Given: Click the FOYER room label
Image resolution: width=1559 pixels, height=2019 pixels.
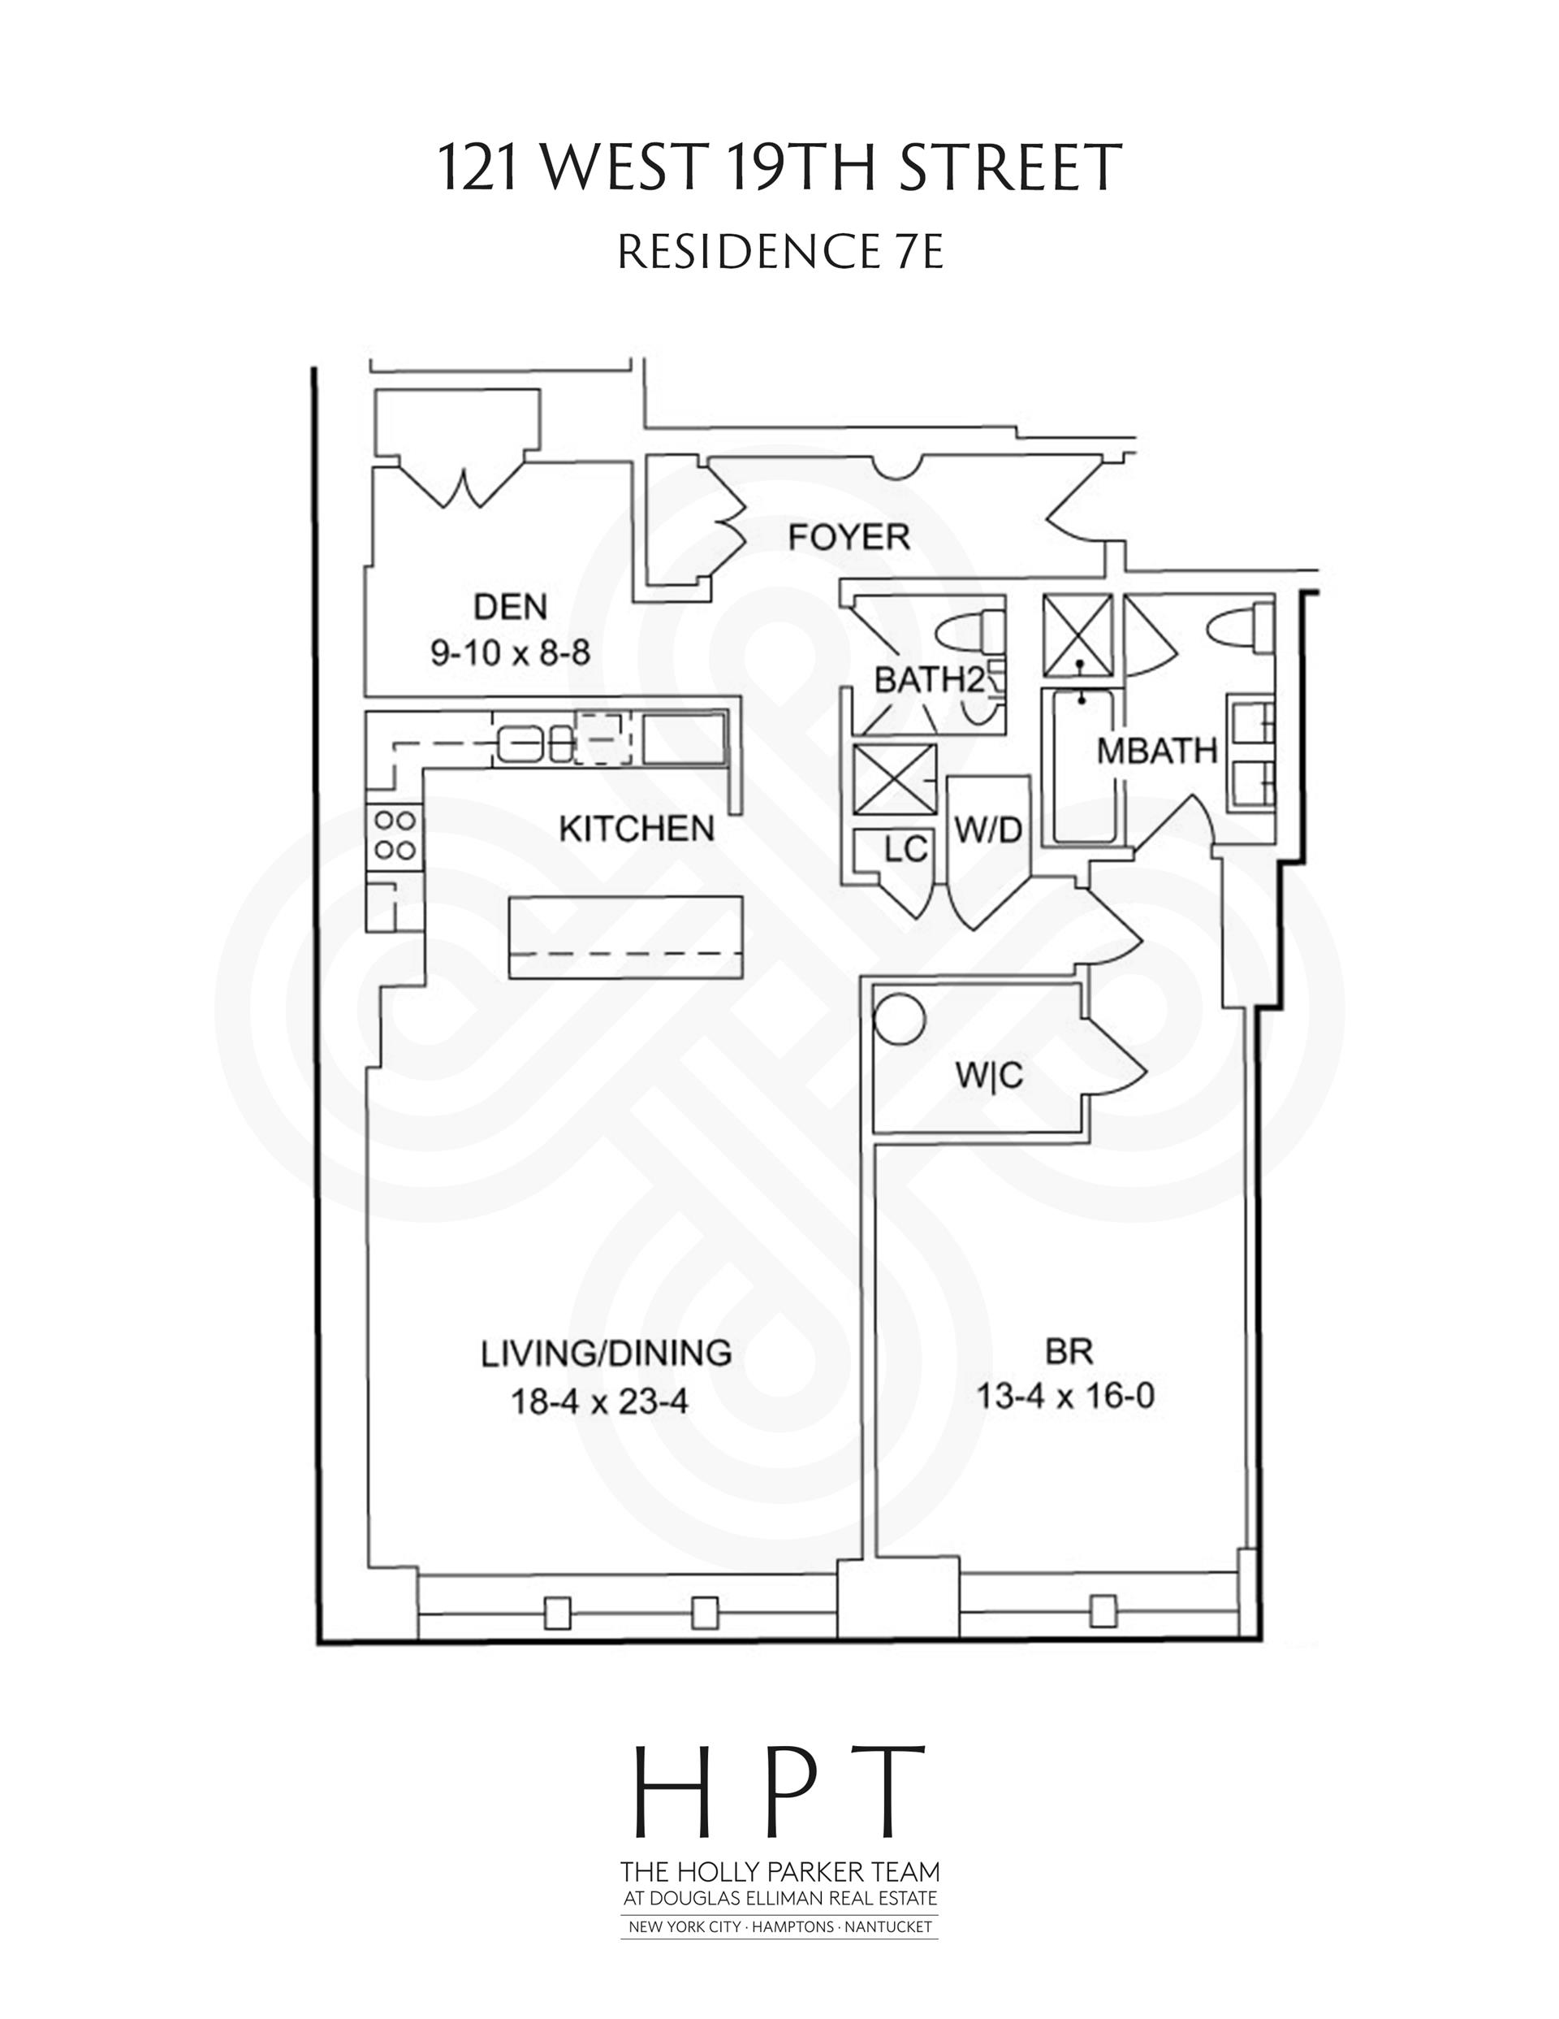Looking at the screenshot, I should click(x=849, y=537).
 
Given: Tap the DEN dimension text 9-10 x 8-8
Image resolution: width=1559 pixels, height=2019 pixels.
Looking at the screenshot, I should click(x=510, y=652).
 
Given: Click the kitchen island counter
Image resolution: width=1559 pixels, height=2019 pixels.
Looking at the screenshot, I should click(x=627, y=937).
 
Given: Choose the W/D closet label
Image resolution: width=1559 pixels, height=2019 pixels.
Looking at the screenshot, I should click(x=988, y=831).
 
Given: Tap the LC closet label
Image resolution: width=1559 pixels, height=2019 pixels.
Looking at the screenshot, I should click(x=905, y=850).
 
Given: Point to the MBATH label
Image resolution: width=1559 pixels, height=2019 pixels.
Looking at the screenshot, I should click(x=1157, y=752).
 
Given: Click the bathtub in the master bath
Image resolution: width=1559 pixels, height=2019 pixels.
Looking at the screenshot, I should click(x=1082, y=767).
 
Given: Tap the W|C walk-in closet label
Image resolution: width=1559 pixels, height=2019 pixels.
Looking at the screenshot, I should click(x=990, y=1075).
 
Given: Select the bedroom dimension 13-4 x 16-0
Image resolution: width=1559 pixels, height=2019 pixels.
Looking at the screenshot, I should click(x=1065, y=1395).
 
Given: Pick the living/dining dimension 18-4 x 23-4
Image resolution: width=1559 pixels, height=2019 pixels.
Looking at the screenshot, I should click(x=600, y=1402).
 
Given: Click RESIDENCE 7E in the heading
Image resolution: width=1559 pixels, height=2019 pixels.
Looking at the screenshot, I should click(x=780, y=251).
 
